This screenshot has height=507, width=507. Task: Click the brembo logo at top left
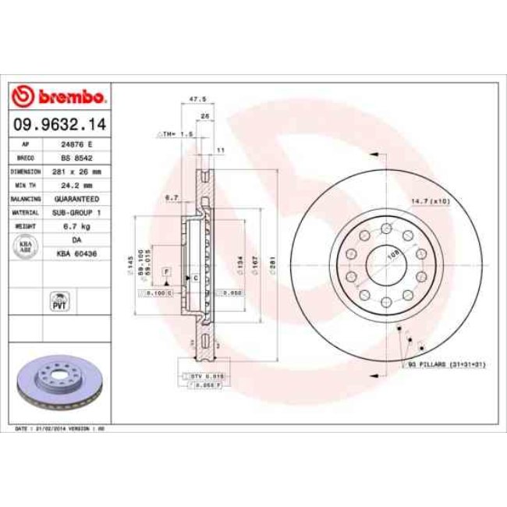click(59, 97)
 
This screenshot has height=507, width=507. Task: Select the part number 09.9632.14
click(59, 123)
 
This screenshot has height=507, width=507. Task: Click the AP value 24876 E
click(76, 145)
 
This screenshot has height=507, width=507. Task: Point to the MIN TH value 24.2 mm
click(76, 185)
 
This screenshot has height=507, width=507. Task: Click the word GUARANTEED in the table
click(76, 198)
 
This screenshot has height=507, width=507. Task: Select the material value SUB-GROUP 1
click(76, 211)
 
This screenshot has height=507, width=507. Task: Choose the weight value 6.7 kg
click(76, 225)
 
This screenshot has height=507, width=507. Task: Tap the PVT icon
click(59, 300)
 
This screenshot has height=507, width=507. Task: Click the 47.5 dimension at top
click(198, 99)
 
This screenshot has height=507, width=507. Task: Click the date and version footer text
click(61, 429)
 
